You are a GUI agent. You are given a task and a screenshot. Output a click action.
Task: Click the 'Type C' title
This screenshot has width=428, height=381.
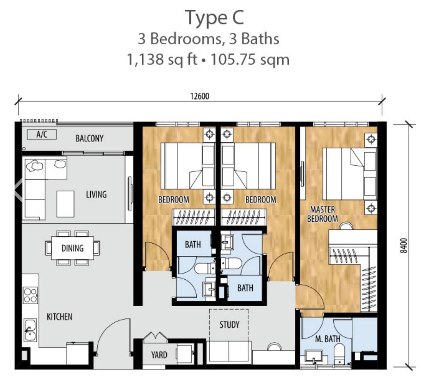[214, 18]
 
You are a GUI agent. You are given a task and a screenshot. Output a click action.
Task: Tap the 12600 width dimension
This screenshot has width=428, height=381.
[200, 96]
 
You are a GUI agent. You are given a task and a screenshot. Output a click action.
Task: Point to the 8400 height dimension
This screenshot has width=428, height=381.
[404, 246]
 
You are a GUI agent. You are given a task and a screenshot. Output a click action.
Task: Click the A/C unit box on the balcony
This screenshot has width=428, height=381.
[42, 134]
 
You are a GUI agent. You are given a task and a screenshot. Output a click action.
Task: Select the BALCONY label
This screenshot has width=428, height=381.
[90, 138]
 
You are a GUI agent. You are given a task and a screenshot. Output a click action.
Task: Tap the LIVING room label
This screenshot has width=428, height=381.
[97, 194]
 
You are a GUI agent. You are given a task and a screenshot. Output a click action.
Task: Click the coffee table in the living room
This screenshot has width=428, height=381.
[65, 204]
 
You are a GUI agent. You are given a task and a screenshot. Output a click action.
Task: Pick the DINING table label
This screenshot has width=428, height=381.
[73, 248]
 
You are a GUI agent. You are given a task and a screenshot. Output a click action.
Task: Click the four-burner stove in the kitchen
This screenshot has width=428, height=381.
[30, 295]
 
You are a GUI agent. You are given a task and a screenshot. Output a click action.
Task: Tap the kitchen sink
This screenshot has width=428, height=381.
[30, 330]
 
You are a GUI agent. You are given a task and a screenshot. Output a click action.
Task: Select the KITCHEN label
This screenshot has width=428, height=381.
[60, 317]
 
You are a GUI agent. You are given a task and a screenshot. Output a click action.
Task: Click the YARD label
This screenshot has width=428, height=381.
[159, 355]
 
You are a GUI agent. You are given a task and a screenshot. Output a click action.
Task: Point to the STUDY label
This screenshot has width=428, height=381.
[229, 325]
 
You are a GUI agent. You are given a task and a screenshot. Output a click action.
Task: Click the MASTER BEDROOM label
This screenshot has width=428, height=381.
[322, 214]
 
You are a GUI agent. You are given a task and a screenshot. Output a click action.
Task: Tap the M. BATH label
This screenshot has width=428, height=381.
[328, 339]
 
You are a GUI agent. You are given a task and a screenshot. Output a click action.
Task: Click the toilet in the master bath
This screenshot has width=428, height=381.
[339, 354]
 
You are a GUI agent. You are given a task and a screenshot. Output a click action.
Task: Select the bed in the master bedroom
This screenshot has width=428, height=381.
[350, 174]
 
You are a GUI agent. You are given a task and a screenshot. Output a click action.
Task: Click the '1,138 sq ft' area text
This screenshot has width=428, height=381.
[162, 59]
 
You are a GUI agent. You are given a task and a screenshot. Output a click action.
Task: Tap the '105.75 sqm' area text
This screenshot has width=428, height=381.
[250, 60]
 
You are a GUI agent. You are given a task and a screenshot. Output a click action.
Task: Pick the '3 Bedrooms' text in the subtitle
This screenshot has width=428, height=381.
[179, 38]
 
